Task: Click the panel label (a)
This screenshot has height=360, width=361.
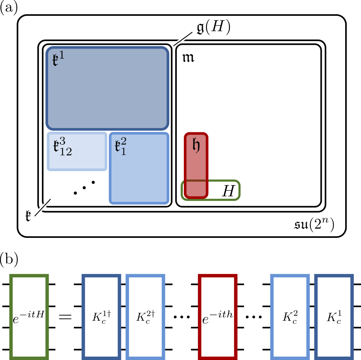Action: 9,8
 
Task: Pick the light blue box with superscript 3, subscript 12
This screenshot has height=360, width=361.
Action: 76,151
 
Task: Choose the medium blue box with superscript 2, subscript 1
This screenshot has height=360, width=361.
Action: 138,168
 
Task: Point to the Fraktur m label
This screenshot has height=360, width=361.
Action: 188,60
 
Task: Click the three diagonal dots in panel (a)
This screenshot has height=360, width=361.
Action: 84,188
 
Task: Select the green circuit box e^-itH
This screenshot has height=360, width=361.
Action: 29,316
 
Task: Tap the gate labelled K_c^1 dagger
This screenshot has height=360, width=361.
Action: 101,316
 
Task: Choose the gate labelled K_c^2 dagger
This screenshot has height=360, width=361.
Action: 145,316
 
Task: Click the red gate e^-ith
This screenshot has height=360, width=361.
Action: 218,316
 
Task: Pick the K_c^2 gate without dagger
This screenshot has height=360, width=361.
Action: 290,316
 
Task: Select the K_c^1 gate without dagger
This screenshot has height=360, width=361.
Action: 333,316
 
